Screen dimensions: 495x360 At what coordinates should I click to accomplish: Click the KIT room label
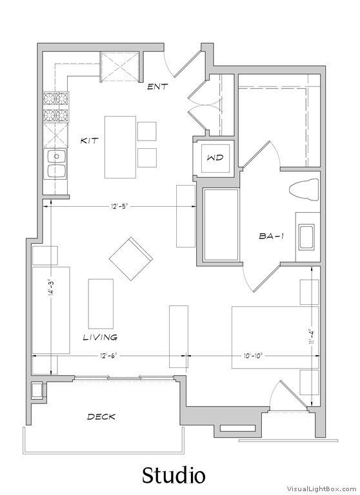[89, 140]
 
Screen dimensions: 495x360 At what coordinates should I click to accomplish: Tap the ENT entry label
[158, 86]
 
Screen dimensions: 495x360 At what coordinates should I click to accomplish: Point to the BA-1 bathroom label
[272, 237]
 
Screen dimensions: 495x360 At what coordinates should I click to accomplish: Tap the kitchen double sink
[56, 164]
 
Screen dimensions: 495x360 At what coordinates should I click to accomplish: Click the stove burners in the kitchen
[56, 108]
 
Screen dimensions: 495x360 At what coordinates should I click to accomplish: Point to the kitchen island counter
[121, 147]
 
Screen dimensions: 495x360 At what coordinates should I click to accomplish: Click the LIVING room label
[100, 336]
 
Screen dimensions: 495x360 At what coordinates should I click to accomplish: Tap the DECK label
[101, 417]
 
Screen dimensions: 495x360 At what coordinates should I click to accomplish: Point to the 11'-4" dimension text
[311, 336]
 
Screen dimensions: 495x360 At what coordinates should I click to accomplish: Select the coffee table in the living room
[101, 302]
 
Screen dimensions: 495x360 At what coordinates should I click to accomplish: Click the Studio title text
[174, 476]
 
